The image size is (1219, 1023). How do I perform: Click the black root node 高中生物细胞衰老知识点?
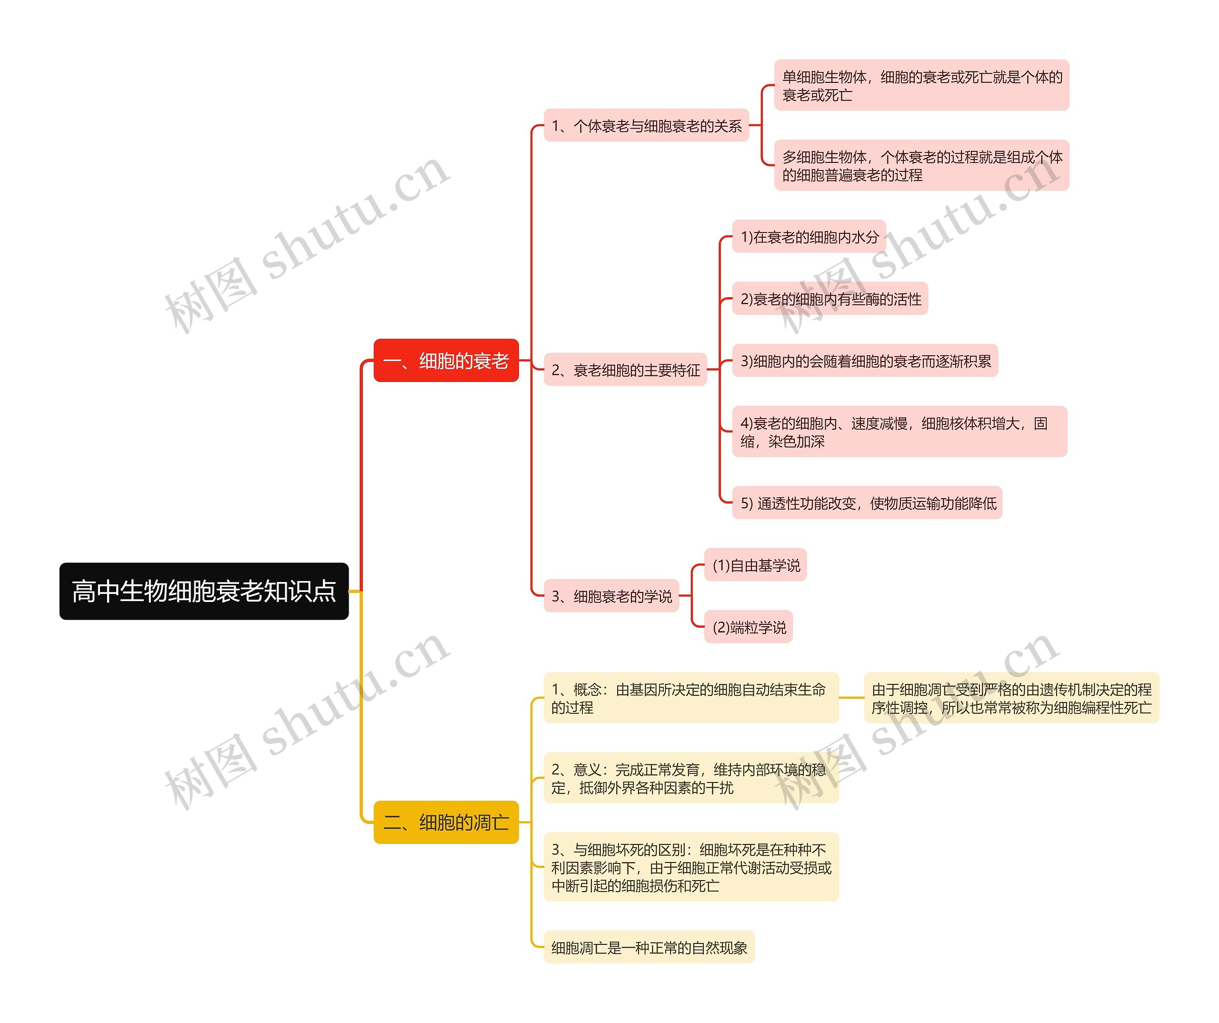point(204,591)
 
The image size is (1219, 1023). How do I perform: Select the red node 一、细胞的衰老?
point(446,361)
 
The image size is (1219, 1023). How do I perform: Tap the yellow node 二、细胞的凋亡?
point(446,822)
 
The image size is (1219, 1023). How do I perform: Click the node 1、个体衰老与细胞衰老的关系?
point(646,125)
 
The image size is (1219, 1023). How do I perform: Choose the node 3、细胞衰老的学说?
point(611,596)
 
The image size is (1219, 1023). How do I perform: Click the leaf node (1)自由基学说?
point(755,565)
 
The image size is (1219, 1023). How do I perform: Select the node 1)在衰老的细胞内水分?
point(809,236)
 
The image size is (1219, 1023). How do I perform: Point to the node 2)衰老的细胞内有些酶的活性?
point(830,299)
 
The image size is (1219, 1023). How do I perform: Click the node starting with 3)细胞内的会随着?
point(865,361)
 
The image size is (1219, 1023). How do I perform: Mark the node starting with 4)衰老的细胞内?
point(899,431)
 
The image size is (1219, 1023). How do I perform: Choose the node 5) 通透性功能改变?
point(867,503)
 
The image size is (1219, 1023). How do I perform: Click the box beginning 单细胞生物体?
point(921,85)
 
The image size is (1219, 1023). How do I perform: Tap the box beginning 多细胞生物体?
point(921,165)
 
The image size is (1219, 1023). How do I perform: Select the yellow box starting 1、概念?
point(691,698)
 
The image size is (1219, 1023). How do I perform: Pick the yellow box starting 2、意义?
point(691,778)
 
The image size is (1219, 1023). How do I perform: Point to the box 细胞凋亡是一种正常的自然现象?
point(649,948)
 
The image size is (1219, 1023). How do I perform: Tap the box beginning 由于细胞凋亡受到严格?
point(1011,698)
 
